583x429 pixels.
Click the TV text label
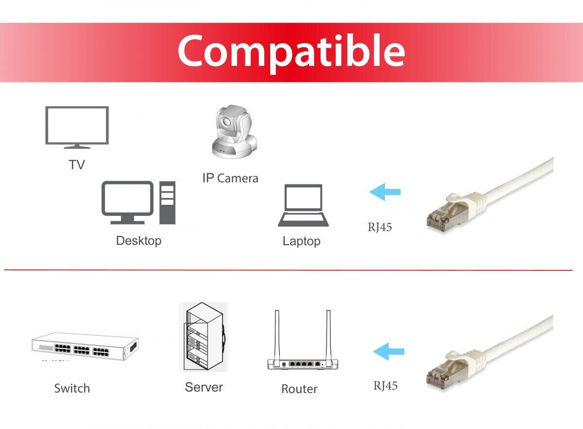click(77, 165)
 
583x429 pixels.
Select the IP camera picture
click(233, 132)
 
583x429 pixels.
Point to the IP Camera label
click(230, 178)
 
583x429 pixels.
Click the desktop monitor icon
click(127, 201)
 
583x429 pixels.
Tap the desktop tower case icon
click(167, 203)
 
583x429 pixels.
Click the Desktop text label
click(138, 240)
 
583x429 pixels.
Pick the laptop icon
click(303, 205)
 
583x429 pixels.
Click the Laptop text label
click(301, 241)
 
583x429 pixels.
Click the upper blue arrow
click(385, 192)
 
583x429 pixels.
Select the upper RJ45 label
click(379, 227)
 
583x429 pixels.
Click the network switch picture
click(85, 346)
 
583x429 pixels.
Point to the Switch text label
click(72, 388)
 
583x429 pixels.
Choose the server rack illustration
click(204, 337)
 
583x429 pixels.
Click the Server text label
click(204, 387)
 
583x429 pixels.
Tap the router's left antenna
click(277, 335)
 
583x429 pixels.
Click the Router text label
click(299, 389)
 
